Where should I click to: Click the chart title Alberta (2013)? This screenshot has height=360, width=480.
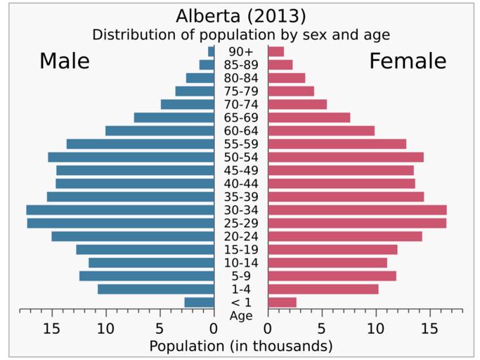coord(240,15)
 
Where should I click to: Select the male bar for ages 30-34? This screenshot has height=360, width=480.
coord(120,210)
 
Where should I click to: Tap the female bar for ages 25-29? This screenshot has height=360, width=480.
coord(357,223)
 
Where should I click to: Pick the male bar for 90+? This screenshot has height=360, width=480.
coord(211,51)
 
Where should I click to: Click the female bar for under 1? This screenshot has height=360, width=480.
coord(282,302)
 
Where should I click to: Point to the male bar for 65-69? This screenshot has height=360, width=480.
coord(174,117)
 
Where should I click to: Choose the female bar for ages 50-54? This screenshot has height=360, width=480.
coord(345,157)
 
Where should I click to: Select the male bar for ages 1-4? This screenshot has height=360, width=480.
coord(155,289)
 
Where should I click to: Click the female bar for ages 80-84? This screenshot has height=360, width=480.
coord(286,77)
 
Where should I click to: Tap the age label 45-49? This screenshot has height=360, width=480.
coord(240,170)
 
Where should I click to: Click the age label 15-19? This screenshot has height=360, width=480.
coord(240,250)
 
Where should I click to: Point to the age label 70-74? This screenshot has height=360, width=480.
coord(240,104)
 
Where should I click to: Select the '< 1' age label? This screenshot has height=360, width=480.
coord(240,302)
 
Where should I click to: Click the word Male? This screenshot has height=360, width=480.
coord(65,61)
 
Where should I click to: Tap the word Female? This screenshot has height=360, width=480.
coord(408,61)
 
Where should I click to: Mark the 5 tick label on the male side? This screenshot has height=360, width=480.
coord(160,328)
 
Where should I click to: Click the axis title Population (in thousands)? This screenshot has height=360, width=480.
coord(240,346)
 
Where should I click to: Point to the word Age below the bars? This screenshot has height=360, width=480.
coord(240,316)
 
